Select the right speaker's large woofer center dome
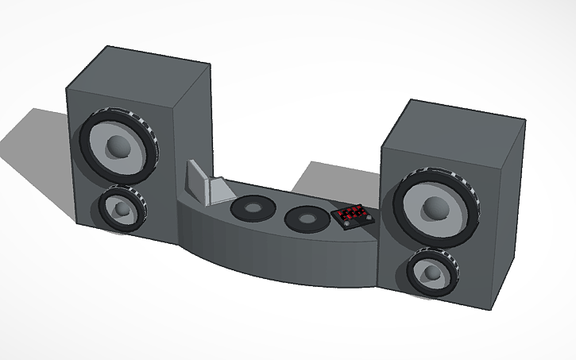[x=435, y=207]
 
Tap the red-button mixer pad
[x=350, y=215]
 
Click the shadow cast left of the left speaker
[x=40, y=143]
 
